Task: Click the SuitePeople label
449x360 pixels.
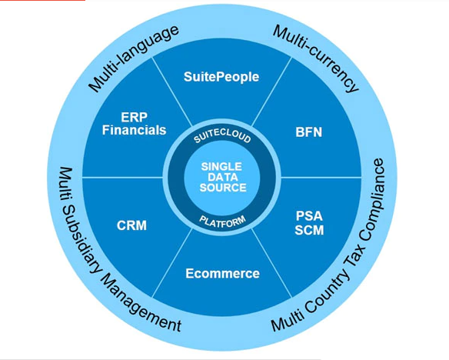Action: (x=221, y=77)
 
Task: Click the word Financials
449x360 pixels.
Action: (x=134, y=130)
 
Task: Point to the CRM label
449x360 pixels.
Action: (x=131, y=225)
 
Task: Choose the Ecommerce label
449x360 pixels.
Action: (x=222, y=273)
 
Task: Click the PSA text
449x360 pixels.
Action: (x=310, y=216)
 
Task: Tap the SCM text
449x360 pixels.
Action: (x=310, y=230)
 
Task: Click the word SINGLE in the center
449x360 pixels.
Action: (x=221, y=166)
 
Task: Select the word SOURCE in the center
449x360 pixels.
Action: (x=223, y=188)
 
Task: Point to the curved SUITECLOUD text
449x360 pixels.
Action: (x=222, y=138)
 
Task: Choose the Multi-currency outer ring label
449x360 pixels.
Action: (x=316, y=58)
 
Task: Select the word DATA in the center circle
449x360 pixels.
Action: (x=223, y=177)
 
